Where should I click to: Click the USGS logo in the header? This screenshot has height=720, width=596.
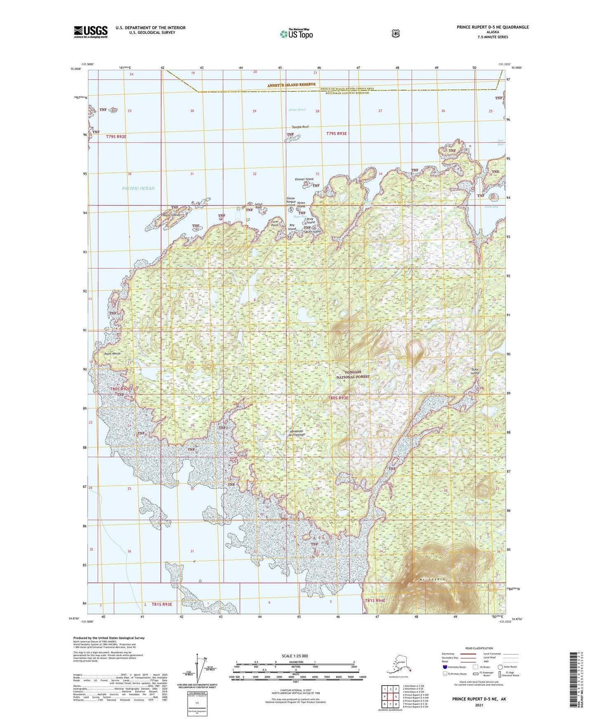91,32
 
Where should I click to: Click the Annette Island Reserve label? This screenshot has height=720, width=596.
291,85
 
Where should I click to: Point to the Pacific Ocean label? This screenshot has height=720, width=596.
138,188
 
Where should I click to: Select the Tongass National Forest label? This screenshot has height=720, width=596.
353,374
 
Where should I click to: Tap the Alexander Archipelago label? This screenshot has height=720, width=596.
296,433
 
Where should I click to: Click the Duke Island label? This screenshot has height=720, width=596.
475,371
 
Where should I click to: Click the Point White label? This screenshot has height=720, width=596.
112,353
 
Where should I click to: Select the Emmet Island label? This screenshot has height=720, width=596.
304,179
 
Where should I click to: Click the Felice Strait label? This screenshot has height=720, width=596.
297,110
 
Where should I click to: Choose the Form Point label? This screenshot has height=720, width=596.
275,223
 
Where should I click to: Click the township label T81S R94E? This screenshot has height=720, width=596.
375,601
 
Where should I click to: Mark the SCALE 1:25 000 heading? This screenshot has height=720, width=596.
295,656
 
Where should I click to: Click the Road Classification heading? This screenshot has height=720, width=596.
479,648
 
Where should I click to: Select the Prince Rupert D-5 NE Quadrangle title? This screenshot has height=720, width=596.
492,27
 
